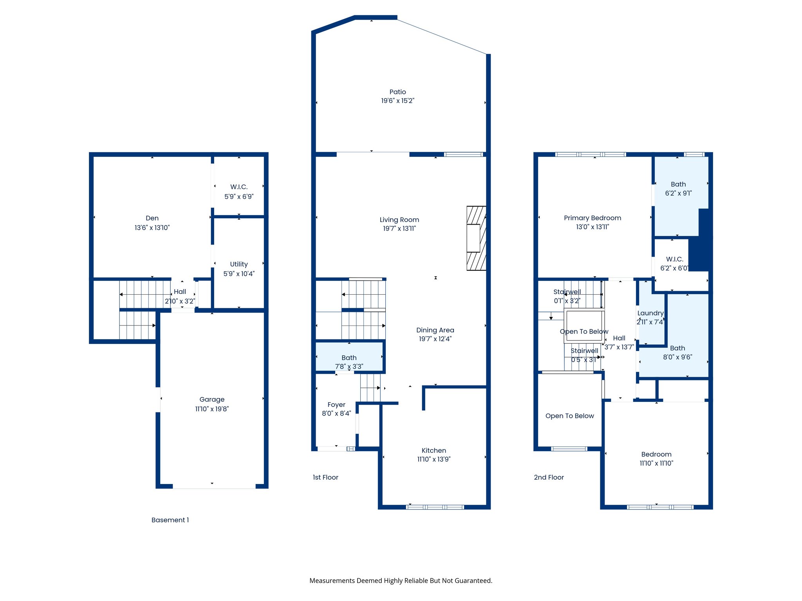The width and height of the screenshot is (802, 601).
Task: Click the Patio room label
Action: point(397,92)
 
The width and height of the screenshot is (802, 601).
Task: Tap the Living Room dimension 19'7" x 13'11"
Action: point(399,229)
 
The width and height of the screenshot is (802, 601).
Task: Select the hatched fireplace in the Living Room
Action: point(476,238)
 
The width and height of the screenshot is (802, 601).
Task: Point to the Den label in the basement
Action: point(152,218)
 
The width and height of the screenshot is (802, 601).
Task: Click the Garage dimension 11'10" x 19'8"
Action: point(212,409)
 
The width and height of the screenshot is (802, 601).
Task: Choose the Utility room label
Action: point(239,264)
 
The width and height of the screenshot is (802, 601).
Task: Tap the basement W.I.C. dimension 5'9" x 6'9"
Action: point(239,196)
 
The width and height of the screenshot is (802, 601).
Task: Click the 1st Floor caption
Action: point(325,477)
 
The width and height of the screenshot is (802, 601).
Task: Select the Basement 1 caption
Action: point(170,520)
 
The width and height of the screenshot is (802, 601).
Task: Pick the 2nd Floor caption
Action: point(549,477)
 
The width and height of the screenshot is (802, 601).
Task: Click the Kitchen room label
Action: point(434,450)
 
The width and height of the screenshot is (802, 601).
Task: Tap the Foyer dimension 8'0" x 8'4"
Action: point(336,413)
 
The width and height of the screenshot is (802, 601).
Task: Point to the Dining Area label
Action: point(435,330)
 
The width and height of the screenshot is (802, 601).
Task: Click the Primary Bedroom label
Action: point(592,218)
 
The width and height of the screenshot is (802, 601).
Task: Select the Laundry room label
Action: point(650,313)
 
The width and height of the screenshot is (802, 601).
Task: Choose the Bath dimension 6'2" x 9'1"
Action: point(678,193)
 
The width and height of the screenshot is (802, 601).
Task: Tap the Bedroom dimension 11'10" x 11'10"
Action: point(656,463)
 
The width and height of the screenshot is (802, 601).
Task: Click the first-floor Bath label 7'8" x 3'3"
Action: point(349,358)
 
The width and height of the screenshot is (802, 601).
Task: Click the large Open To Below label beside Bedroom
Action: point(569,416)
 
